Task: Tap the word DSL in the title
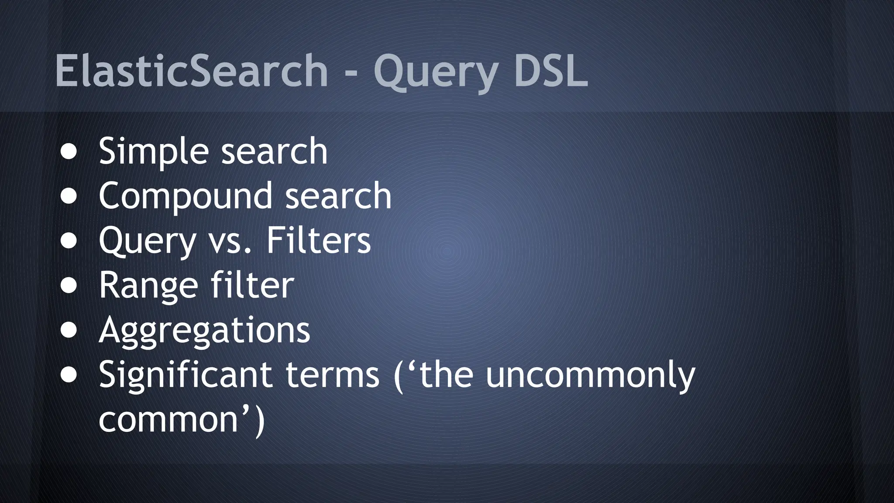point(551,71)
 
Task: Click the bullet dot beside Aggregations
point(69,330)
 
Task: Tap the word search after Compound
point(338,196)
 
